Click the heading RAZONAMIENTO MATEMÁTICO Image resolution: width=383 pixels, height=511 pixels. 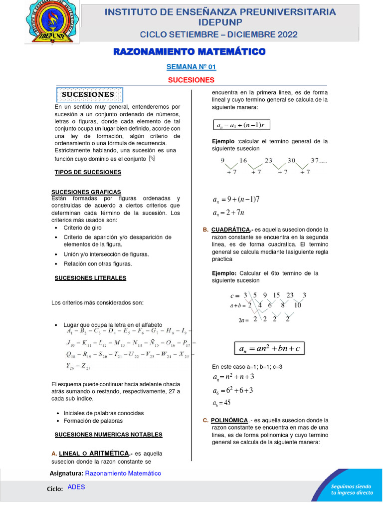[190, 51]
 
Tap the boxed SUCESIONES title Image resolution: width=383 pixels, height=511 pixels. [88, 94]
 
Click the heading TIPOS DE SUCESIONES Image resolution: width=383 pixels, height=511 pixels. [88, 172]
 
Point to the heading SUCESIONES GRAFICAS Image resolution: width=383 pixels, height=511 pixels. [86, 192]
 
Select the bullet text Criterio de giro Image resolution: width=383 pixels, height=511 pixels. [84, 228]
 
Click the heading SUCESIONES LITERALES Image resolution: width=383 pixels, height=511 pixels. [90, 278]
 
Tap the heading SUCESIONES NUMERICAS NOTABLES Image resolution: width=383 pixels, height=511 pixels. [108, 435]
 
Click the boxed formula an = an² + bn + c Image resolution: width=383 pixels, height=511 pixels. [269, 348]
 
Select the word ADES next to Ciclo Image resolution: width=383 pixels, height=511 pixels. [76, 487]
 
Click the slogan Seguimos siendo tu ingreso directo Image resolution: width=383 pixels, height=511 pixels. [352, 489]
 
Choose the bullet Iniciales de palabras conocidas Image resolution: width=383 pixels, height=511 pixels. [103, 413]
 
